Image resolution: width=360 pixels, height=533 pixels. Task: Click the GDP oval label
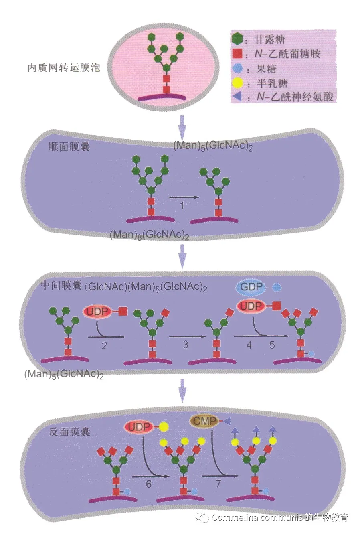tap(252, 287)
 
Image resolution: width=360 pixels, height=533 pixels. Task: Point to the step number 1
tap(183, 205)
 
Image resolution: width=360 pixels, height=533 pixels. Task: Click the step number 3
tap(186, 345)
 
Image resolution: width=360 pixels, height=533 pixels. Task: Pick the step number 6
tap(149, 484)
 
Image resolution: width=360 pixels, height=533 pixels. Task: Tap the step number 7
tap(218, 484)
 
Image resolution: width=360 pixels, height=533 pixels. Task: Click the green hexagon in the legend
tap(237, 39)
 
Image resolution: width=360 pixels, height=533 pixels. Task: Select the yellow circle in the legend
tap(237, 83)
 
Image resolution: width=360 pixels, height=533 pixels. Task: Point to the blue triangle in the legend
tap(237, 97)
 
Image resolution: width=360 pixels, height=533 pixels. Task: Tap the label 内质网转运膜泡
tap(64, 67)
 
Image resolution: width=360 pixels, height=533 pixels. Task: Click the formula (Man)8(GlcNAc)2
tap(149, 235)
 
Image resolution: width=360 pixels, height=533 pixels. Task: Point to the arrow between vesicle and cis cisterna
tap(182, 125)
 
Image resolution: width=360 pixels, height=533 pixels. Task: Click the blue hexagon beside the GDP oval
tap(277, 287)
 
